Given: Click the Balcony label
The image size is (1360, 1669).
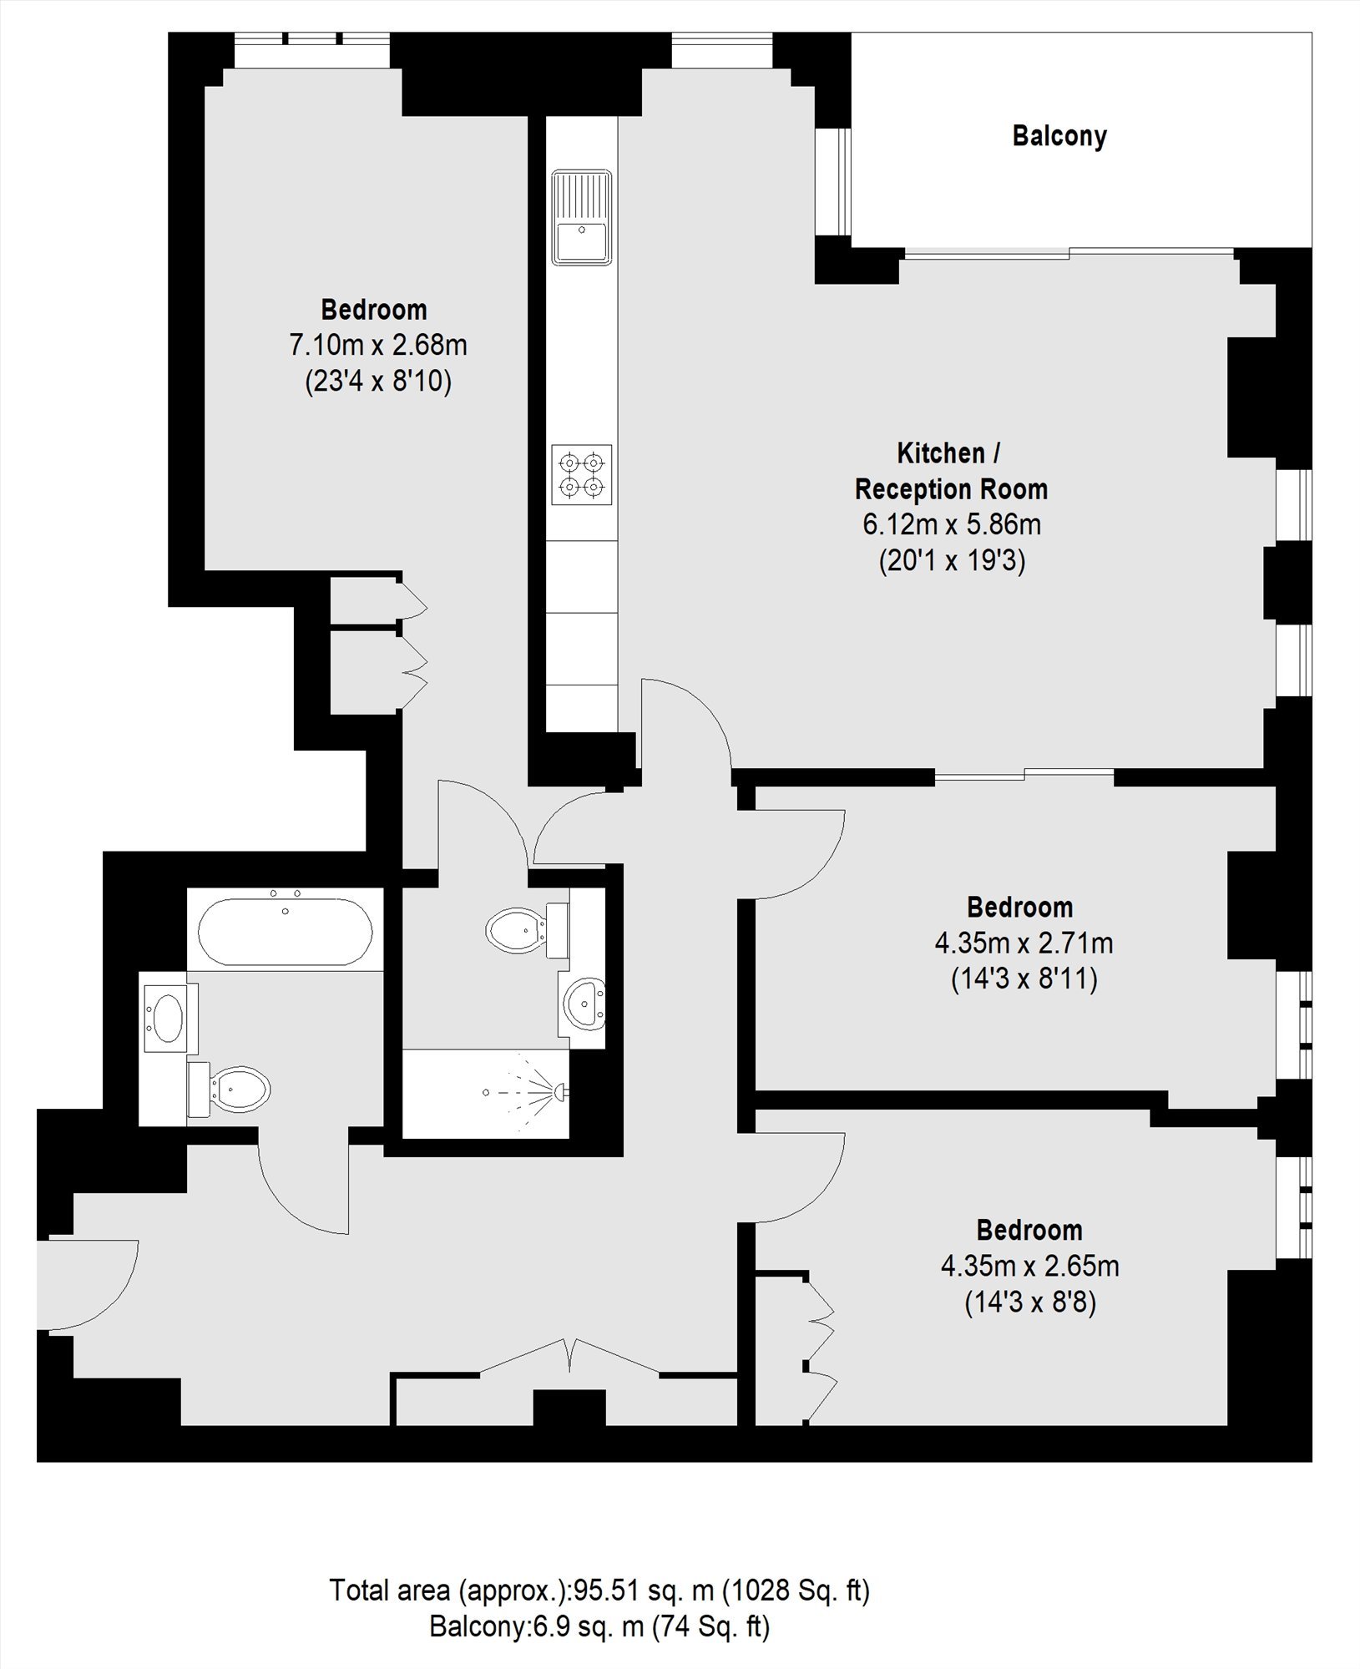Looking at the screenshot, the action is (x=1059, y=136).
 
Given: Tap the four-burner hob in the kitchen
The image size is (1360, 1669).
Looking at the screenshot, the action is (x=581, y=474).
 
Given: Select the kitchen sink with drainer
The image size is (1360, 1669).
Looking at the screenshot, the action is (x=581, y=217).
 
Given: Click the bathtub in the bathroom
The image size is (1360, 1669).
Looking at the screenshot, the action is (x=286, y=928).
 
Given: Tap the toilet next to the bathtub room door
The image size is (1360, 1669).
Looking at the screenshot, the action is (x=230, y=1090).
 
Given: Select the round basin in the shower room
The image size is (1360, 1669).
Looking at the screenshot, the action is (x=584, y=1003).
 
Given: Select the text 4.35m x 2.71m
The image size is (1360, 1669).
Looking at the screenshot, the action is (x=1024, y=943).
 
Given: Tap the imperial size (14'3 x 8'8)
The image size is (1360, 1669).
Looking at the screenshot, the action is (x=1030, y=1302).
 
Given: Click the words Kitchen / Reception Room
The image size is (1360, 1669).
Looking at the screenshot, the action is (x=951, y=471).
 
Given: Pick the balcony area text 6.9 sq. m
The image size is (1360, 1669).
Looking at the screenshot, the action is (x=589, y=1626).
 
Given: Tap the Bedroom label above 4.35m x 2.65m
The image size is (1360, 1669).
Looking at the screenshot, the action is (x=1029, y=1230).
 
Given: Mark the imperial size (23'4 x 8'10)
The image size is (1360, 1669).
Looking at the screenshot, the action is (x=378, y=382).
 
